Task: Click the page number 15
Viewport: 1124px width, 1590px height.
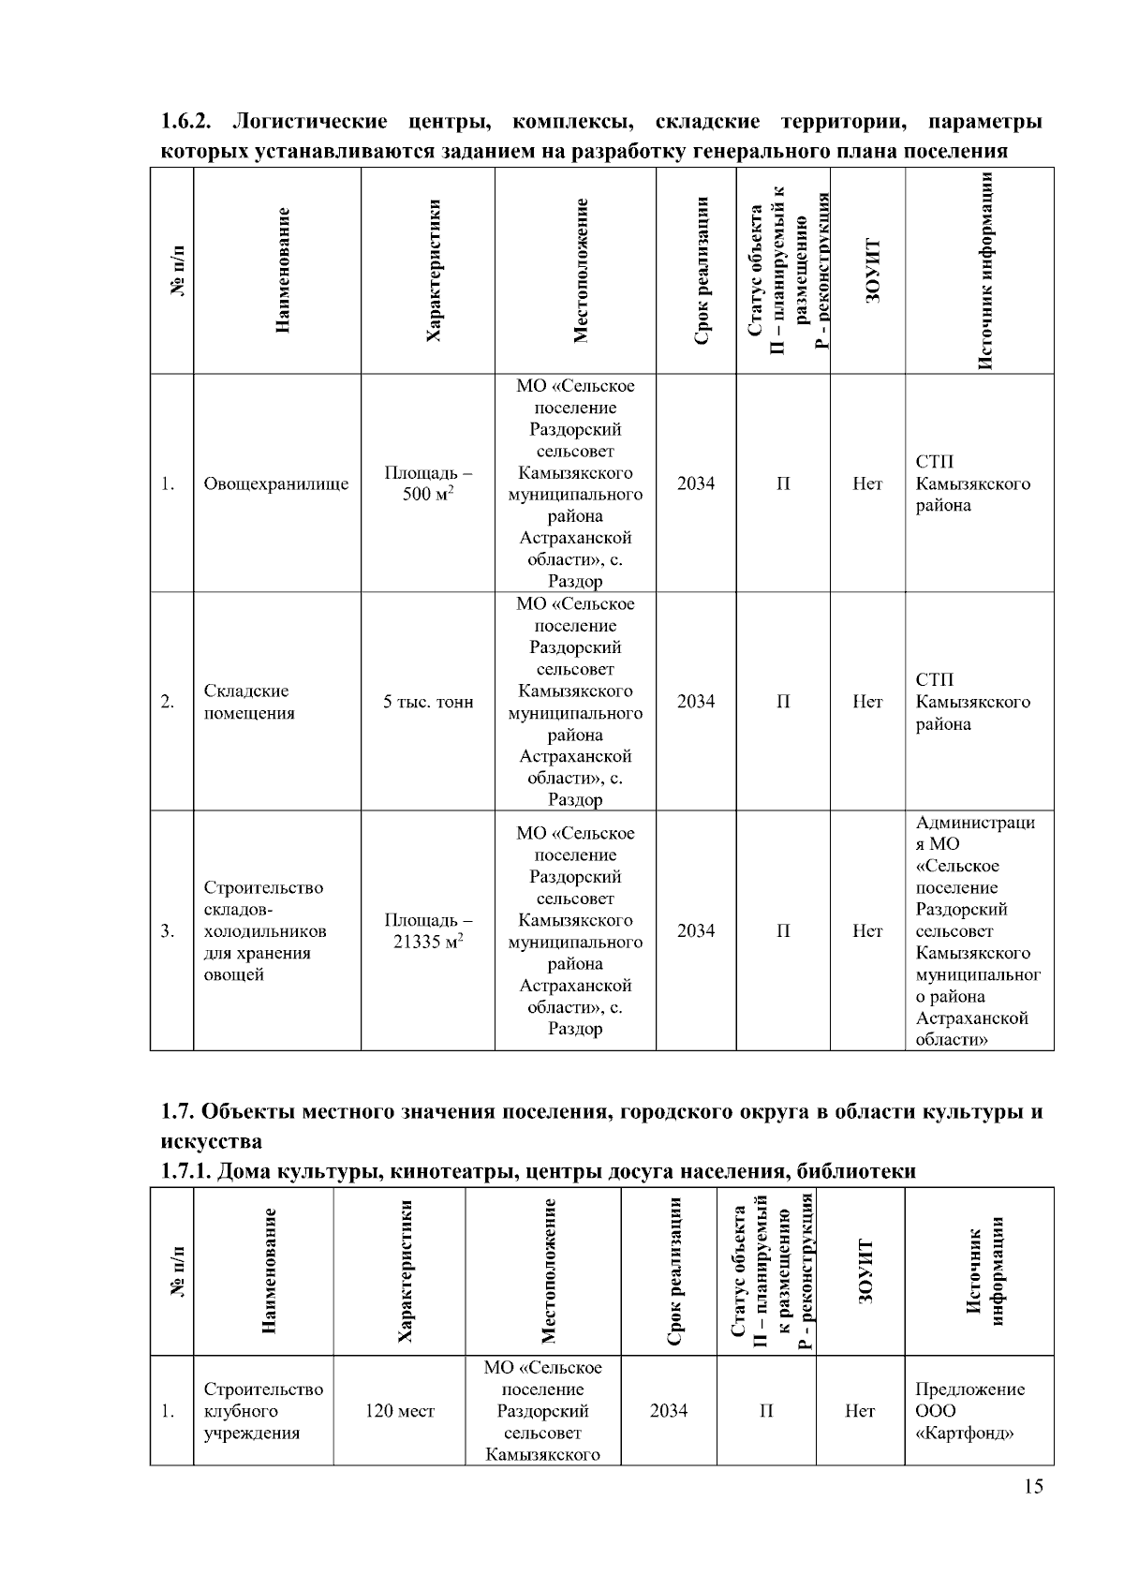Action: pyautogui.click(x=1033, y=1487)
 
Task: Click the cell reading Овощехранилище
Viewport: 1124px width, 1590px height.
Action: pyautogui.click(x=276, y=483)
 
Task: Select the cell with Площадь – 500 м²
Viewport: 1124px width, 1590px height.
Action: pyautogui.click(x=428, y=483)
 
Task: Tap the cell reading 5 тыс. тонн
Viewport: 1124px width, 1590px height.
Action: pyautogui.click(x=428, y=702)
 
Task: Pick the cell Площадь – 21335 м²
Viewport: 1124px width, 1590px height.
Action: pyautogui.click(x=428, y=930)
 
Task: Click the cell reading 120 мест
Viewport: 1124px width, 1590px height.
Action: pyautogui.click(x=400, y=1411)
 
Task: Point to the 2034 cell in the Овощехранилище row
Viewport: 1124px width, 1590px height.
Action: pyautogui.click(x=696, y=483)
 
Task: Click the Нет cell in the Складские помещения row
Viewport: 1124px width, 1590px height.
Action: pyautogui.click(x=867, y=702)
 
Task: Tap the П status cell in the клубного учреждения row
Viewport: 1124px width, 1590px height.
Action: pyautogui.click(x=766, y=1411)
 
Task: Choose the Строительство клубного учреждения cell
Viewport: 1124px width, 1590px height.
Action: pyautogui.click(x=263, y=1411)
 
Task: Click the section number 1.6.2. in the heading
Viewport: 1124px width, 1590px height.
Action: pyautogui.click(x=189, y=123)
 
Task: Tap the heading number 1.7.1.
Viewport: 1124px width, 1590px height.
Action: pyautogui.click(x=185, y=1171)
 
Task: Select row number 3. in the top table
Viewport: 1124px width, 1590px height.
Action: pyautogui.click(x=169, y=930)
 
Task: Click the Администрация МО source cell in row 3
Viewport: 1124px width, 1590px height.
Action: pyautogui.click(x=978, y=930)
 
